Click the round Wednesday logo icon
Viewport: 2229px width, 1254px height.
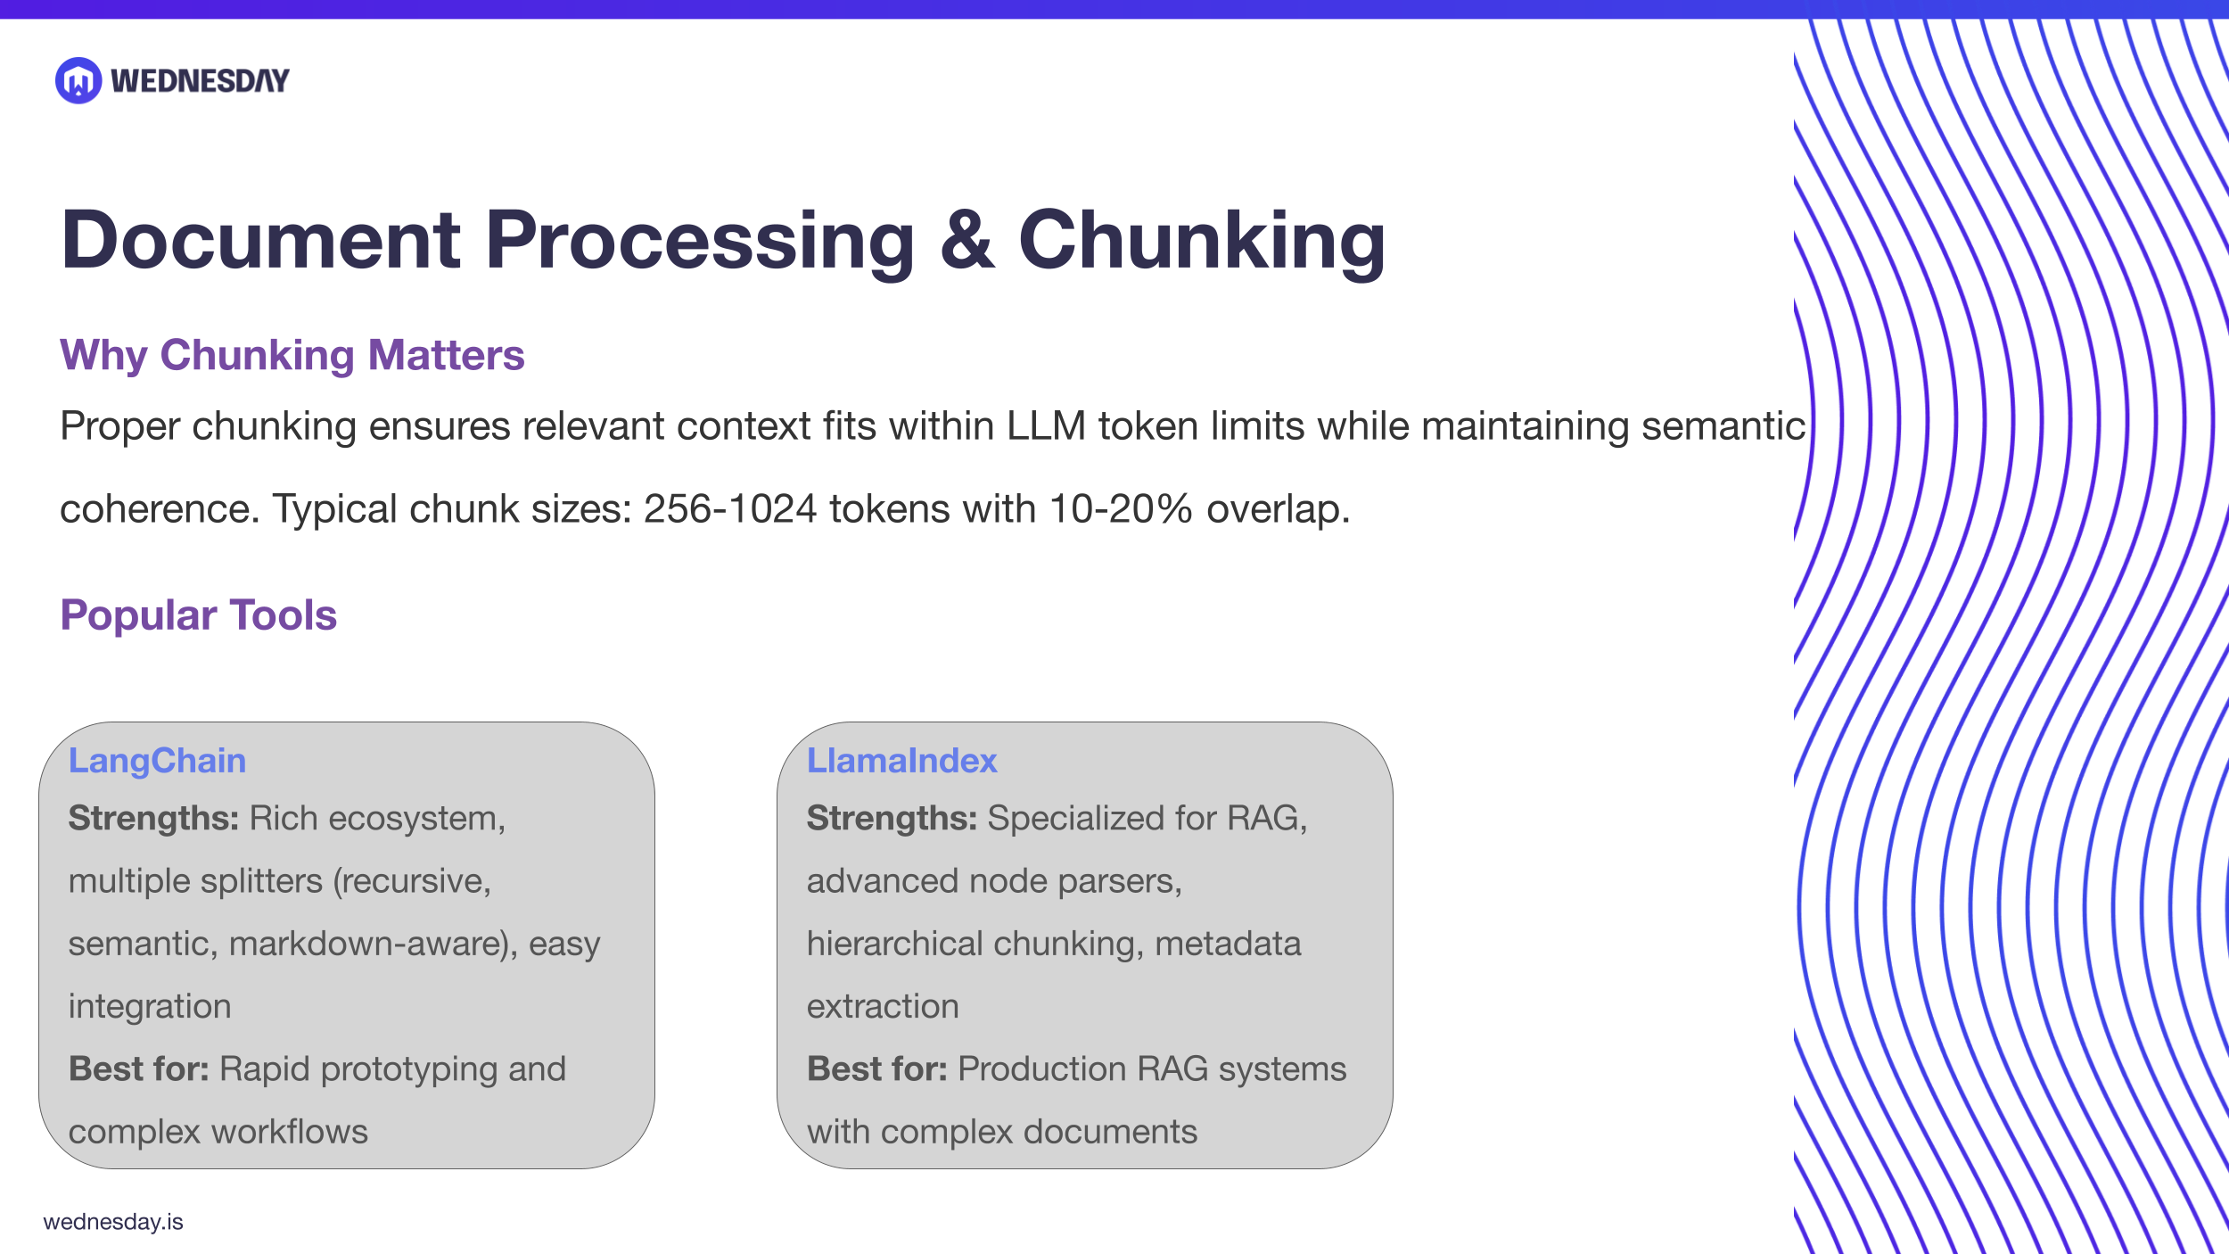(x=78, y=80)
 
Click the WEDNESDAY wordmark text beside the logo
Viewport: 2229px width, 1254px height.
(x=200, y=81)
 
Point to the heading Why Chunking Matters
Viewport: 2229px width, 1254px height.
(x=292, y=355)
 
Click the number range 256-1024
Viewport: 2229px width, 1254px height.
(x=729, y=508)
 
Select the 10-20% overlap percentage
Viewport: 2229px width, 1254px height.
(x=1120, y=508)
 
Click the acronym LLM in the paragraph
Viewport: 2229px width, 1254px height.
(x=1046, y=425)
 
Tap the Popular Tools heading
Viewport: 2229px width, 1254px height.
(x=198, y=615)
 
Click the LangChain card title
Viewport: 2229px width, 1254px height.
(x=157, y=760)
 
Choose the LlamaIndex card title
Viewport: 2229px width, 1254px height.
(x=901, y=760)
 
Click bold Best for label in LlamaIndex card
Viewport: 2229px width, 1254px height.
(x=876, y=1068)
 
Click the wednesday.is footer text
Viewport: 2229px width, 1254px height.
(x=113, y=1221)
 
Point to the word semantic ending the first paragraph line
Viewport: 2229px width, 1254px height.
(x=1723, y=425)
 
